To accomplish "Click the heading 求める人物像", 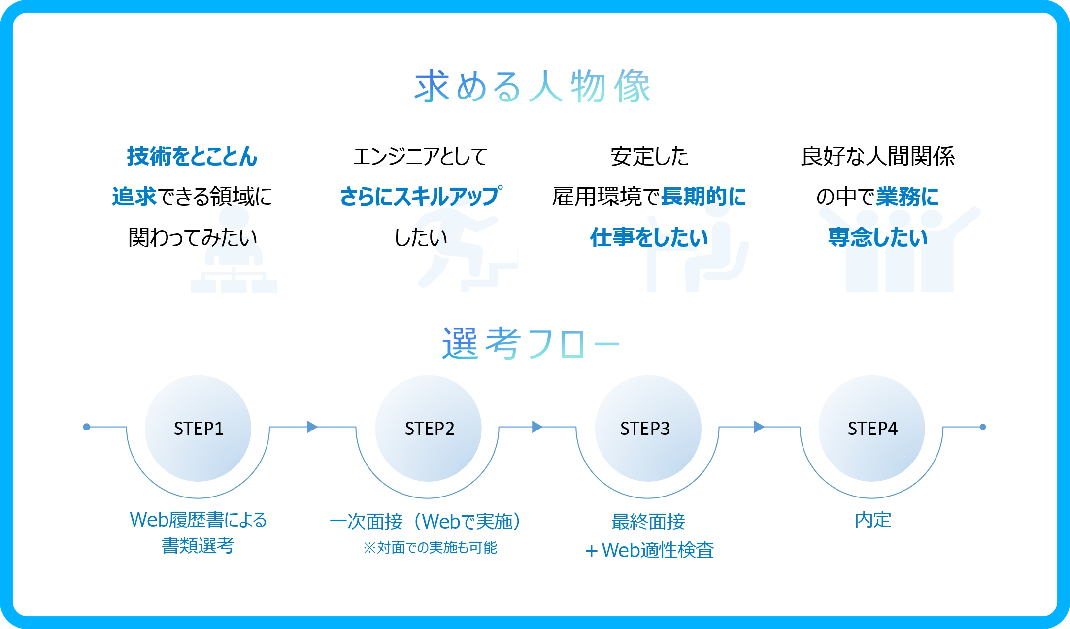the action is coord(533,86).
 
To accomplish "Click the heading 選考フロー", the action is coord(531,343).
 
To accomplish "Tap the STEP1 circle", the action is coord(198,429).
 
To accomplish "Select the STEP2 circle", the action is coord(429,429).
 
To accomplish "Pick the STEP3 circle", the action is coord(648,429).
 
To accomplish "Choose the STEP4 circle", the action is coord(872,429).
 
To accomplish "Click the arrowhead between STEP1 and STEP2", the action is coord(312,427).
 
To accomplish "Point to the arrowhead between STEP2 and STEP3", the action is coord(537,427).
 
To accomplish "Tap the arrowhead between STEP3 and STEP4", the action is coord(759,427).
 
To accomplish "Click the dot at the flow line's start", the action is coord(87,427).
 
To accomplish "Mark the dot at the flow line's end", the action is coord(983,427).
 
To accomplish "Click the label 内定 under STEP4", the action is coord(873,520).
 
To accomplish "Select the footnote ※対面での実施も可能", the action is coord(430,547).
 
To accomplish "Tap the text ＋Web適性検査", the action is coord(649,550).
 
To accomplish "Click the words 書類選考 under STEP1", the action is coord(198,545).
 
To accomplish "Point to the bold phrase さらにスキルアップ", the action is coord(421,196).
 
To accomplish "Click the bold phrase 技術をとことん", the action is coord(192,156).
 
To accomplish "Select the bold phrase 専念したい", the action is coord(878,237).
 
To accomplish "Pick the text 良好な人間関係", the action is coord(878,156).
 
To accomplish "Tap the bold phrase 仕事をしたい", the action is coord(649,237).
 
